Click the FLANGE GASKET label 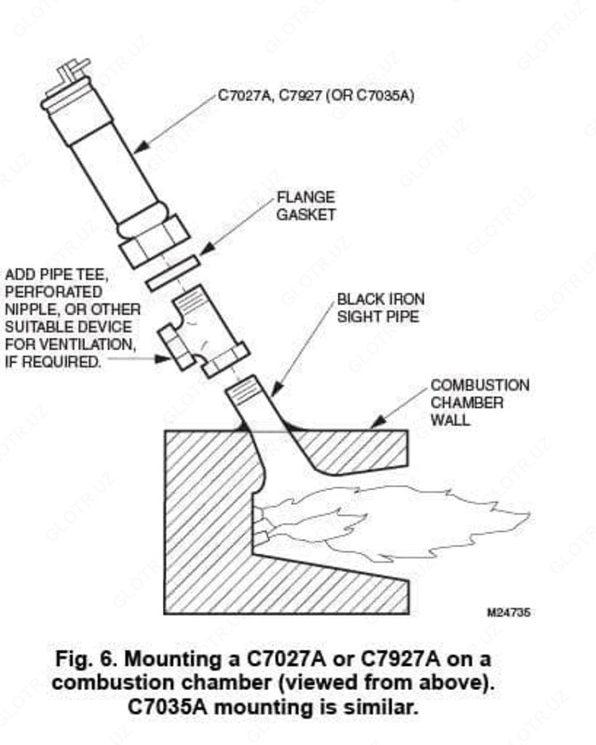coord(306,206)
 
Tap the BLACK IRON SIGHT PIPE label coord(381,308)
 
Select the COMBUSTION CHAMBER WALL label coord(480,402)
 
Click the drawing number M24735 coord(508,613)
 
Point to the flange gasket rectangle coord(172,273)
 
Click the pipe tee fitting coord(203,332)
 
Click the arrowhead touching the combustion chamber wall coord(377,423)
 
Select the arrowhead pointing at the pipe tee coord(163,359)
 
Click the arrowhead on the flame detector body coord(141,148)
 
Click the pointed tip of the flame coord(529,515)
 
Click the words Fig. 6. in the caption coord(86,659)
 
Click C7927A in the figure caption coord(401,659)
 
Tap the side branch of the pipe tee coord(175,347)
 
